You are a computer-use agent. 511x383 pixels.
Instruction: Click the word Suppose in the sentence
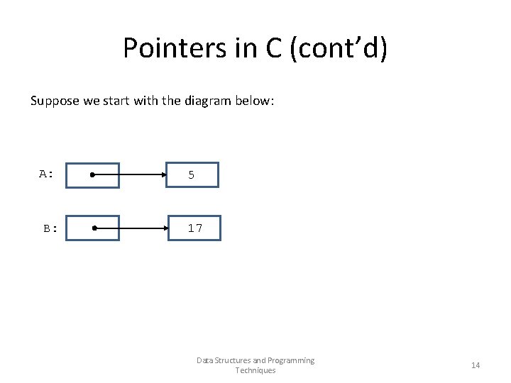pyautogui.click(x=55, y=101)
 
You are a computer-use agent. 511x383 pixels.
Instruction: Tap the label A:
pyautogui.click(x=47, y=174)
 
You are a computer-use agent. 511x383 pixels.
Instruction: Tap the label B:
pyautogui.click(x=50, y=228)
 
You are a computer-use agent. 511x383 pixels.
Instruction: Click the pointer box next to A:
pyautogui.click(x=92, y=175)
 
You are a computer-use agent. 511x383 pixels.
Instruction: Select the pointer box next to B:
pyautogui.click(x=93, y=228)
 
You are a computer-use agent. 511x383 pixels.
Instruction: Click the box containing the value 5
pyautogui.click(x=192, y=175)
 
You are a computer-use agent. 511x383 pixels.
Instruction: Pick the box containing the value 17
pyautogui.click(x=194, y=228)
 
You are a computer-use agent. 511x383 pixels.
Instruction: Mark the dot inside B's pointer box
pyautogui.click(x=93, y=228)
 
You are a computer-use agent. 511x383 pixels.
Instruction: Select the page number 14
pyautogui.click(x=476, y=365)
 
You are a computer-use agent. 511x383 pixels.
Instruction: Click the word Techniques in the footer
pyautogui.click(x=255, y=371)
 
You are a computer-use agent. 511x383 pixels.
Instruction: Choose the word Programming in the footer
pyautogui.click(x=290, y=360)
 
